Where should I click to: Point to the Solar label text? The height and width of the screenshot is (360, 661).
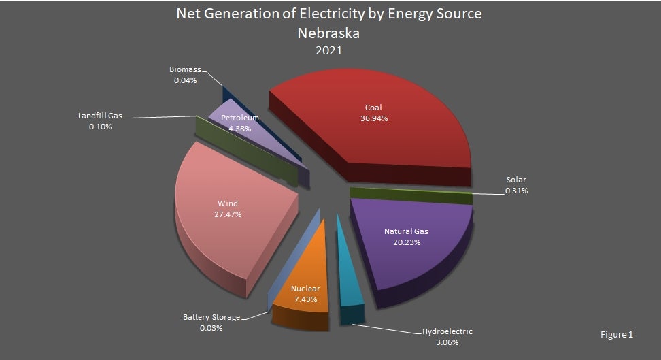(516, 180)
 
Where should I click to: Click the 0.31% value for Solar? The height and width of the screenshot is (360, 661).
(516, 191)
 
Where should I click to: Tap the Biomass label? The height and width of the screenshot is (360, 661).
(184, 69)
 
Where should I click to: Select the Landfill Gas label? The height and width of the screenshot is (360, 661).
(99, 116)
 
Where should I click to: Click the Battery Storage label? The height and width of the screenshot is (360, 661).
(211, 317)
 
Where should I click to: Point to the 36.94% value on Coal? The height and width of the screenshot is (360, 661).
(373, 118)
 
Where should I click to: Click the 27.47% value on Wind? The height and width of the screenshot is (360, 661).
(228, 214)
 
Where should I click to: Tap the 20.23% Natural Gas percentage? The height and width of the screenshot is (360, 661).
(406, 242)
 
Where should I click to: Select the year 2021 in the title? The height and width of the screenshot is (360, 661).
(330, 50)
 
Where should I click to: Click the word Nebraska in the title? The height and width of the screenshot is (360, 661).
(330, 33)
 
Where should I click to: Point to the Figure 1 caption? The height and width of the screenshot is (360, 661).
(617, 335)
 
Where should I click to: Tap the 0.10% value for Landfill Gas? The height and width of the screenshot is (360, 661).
(99, 127)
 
